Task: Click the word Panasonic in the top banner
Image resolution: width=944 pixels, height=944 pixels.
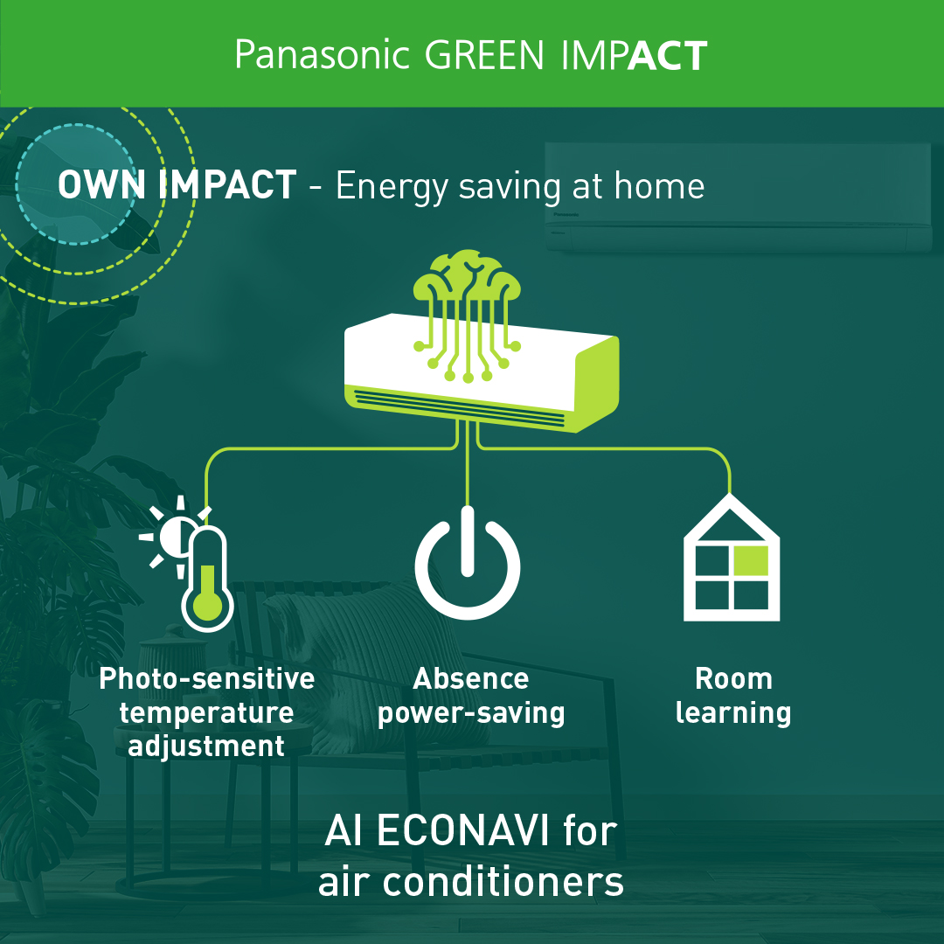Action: pyautogui.click(x=322, y=55)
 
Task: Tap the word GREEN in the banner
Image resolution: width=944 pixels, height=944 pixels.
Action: pyautogui.click(x=484, y=55)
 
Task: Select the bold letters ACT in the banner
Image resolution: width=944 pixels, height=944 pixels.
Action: pyautogui.click(x=668, y=56)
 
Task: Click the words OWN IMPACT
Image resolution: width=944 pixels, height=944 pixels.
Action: pyautogui.click(x=177, y=184)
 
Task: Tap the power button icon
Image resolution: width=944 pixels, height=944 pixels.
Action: pyautogui.click(x=467, y=562)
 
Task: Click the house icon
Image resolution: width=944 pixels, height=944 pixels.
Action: pyautogui.click(x=732, y=558)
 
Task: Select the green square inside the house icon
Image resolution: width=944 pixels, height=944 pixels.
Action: pyautogui.click(x=751, y=560)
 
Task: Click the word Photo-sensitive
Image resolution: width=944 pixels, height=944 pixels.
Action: pyautogui.click(x=207, y=678)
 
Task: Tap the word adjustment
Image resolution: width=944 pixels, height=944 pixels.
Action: pyautogui.click(x=206, y=746)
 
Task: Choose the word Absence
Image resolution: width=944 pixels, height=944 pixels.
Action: pyautogui.click(x=471, y=678)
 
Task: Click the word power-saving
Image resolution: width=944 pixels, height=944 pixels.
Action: pyautogui.click(x=471, y=713)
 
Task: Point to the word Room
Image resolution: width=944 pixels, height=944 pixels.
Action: pyautogui.click(x=734, y=678)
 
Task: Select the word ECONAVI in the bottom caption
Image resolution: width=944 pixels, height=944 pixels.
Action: pyautogui.click(x=463, y=831)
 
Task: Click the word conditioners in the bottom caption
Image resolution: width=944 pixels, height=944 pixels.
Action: pyautogui.click(x=503, y=882)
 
